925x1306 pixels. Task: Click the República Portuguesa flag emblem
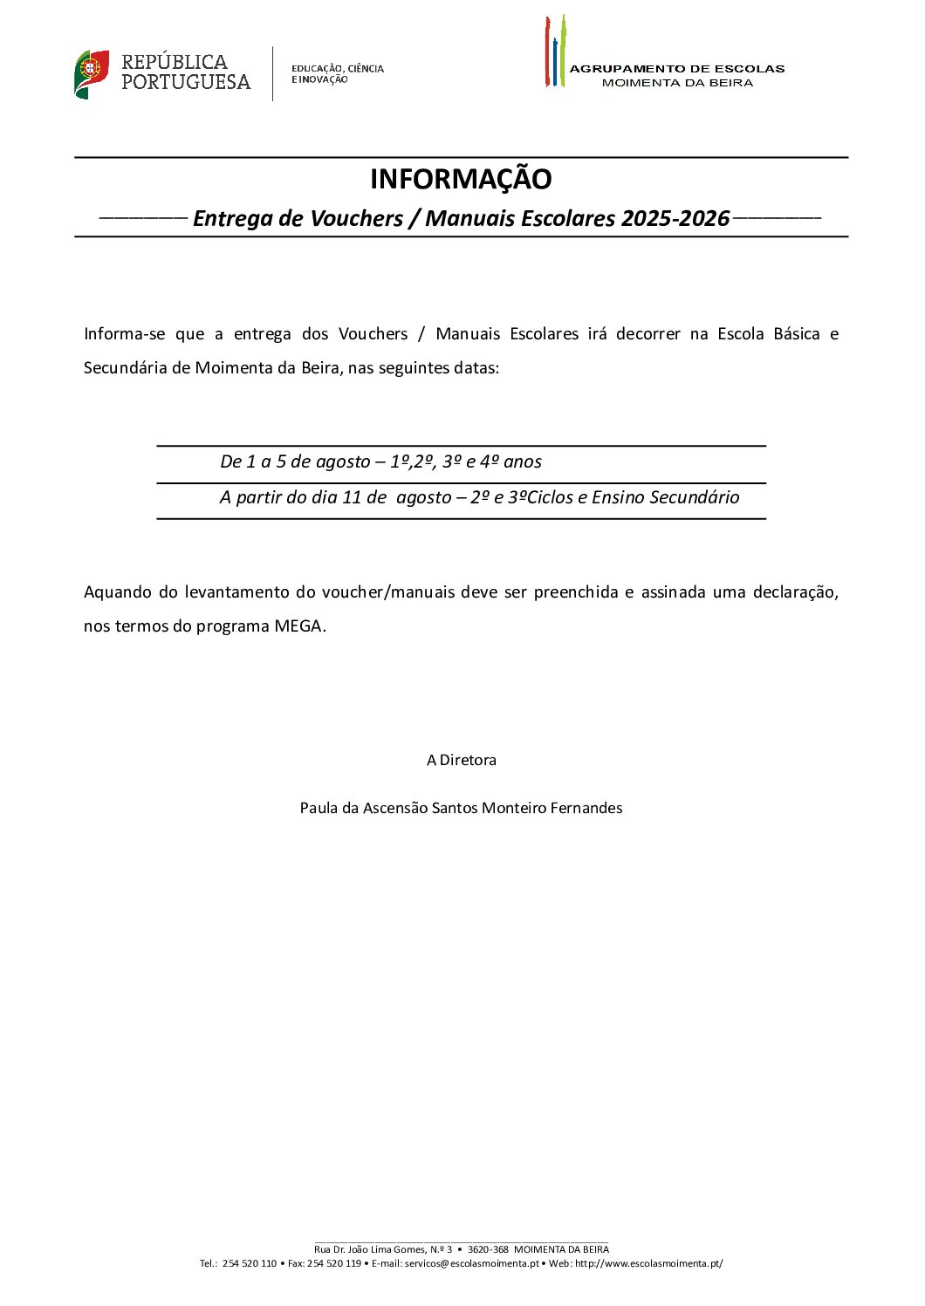point(92,74)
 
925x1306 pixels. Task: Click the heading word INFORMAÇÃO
point(461,179)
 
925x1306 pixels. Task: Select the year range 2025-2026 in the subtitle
point(675,218)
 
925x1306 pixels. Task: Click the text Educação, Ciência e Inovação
point(337,74)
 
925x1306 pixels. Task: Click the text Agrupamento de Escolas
point(676,69)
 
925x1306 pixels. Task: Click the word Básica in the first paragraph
point(796,334)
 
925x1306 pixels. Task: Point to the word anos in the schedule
point(522,462)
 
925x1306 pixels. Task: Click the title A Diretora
point(461,760)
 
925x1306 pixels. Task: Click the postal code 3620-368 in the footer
point(488,1249)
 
